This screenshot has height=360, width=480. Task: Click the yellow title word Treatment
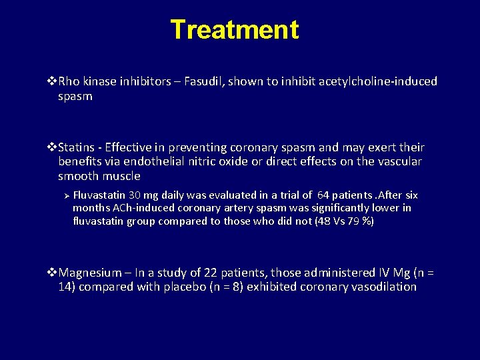pyautogui.click(x=235, y=30)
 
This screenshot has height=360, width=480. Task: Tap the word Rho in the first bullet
pyautogui.click(x=69, y=81)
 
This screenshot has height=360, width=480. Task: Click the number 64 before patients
pyautogui.click(x=323, y=195)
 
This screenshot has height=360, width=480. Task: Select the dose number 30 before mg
pyautogui.click(x=135, y=195)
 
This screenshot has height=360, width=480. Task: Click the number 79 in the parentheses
pyautogui.click(x=352, y=221)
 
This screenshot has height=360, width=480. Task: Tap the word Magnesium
pyautogui.click(x=90, y=273)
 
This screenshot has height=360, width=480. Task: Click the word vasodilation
pyautogui.click(x=382, y=287)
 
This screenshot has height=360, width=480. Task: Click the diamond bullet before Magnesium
pyautogui.click(x=53, y=273)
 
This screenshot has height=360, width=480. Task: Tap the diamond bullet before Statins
pyautogui.click(x=53, y=147)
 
